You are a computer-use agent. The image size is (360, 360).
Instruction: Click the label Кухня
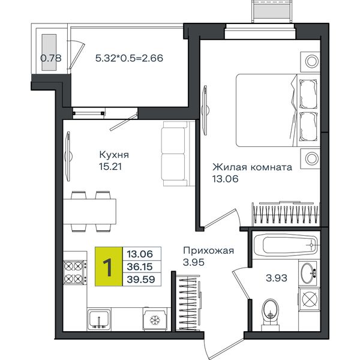coord(114,155)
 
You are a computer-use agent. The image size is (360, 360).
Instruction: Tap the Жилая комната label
coord(253,167)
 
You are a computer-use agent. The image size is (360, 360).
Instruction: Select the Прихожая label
coord(208,250)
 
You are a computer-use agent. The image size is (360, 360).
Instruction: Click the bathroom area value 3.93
coord(277,278)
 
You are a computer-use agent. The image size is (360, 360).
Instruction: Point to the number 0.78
coord(51,58)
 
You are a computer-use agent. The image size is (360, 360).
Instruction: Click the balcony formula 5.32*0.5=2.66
coord(129,58)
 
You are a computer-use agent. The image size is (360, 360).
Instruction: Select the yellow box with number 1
coord(109,266)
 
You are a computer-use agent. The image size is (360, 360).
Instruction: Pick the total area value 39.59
coord(141,280)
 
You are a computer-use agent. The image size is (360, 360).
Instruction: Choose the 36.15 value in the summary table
coord(140,267)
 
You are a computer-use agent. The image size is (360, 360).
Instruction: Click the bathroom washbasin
coord(308,273)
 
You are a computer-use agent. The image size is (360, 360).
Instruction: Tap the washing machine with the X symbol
coord(309,298)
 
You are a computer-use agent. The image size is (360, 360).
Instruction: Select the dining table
coord(90,211)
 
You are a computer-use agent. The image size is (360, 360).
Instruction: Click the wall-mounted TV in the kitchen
coord(68,157)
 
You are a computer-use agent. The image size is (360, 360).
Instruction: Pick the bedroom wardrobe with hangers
coord(286,214)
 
